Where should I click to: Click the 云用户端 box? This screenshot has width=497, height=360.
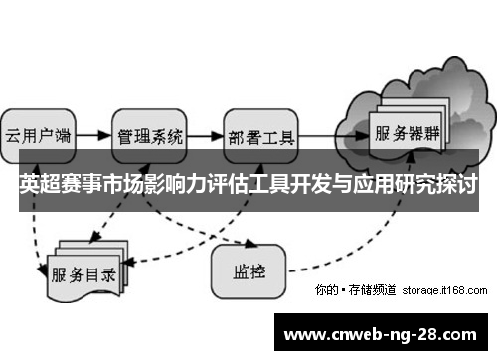click(x=39, y=135)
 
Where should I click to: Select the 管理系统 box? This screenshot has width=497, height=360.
click(x=149, y=135)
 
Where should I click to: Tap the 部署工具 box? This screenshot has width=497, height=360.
click(x=260, y=135)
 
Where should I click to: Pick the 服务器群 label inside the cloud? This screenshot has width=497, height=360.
click(x=407, y=131)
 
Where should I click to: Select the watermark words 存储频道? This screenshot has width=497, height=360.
click(x=372, y=290)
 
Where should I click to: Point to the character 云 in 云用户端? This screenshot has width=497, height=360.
click(x=14, y=135)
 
